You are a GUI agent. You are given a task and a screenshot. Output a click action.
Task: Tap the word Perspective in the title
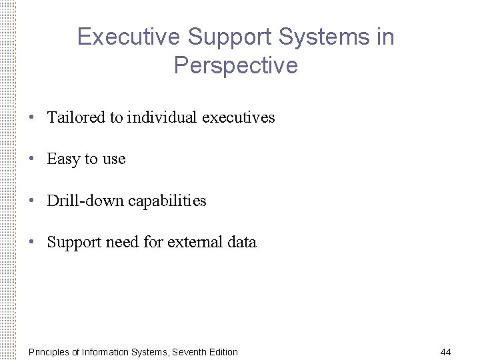pos(235,65)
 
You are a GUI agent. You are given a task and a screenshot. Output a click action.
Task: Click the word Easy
pos(63,159)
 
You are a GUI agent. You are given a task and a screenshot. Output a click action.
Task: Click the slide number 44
pos(446,352)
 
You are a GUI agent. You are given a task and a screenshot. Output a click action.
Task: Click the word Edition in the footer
pos(223,352)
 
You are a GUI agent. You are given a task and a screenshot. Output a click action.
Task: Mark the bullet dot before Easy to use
pos(32,159)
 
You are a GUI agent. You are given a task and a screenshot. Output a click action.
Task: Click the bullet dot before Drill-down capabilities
pos(32,201)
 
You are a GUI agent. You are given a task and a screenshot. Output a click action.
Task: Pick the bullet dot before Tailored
pos(32,117)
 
